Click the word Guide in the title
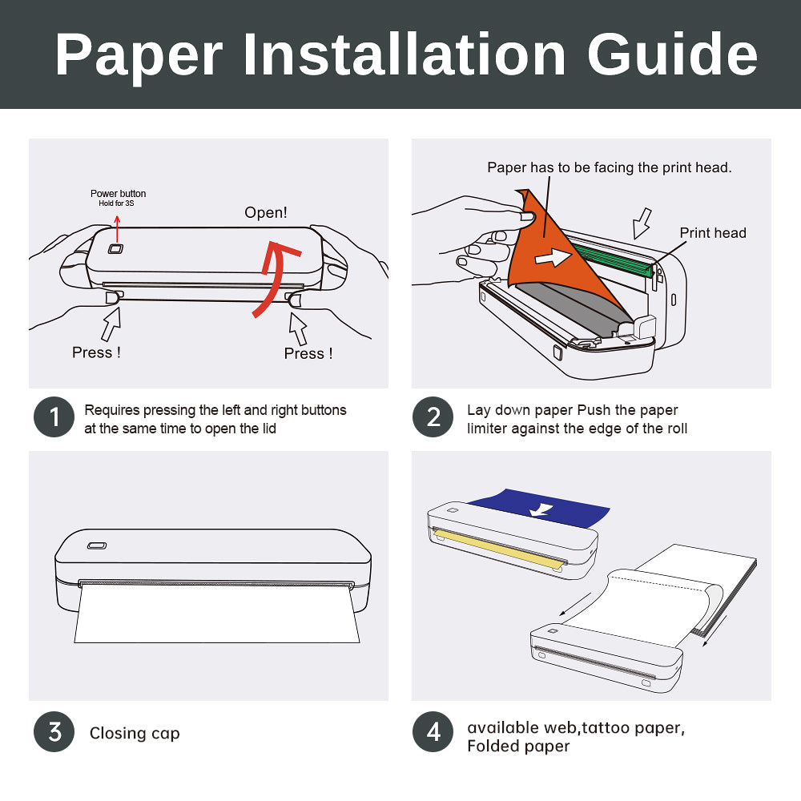click(x=672, y=54)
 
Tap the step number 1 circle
click(x=54, y=417)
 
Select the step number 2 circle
click(x=433, y=417)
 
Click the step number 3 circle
click(x=54, y=731)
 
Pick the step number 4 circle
click(x=433, y=731)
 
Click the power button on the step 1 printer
click(x=115, y=249)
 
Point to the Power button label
click(x=118, y=194)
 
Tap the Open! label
click(x=266, y=212)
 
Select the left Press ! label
click(x=97, y=352)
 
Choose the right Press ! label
click(x=308, y=353)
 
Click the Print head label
click(x=713, y=233)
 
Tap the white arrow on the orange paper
click(x=553, y=257)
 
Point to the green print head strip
click(x=613, y=260)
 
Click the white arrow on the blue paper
click(x=541, y=509)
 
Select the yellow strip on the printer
click(x=499, y=549)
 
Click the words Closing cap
click(x=135, y=734)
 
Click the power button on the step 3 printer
click(x=97, y=545)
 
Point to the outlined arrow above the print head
click(x=642, y=223)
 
